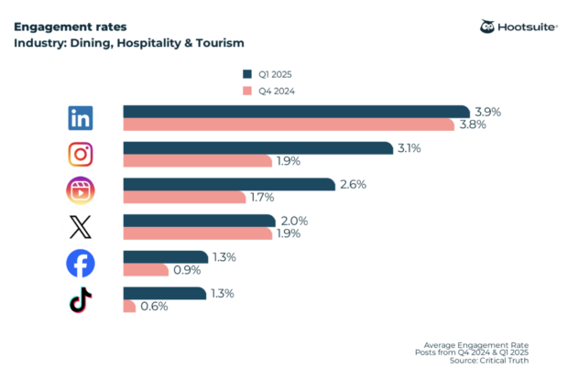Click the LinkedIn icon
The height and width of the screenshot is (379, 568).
[x=81, y=117]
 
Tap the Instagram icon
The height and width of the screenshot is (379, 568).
[x=81, y=154]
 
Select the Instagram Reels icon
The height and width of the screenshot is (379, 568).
[x=81, y=190]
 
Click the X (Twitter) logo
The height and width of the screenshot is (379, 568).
[x=81, y=226]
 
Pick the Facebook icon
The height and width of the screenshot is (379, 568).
[x=81, y=264]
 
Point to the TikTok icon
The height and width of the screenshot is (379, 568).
[x=81, y=299]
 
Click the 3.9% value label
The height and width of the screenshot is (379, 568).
[x=487, y=112]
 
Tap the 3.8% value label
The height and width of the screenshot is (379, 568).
[x=472, y=125]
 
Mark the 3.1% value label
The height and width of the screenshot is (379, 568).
[x=409, y=148]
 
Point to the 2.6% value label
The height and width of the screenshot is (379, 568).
[x=353, y=184]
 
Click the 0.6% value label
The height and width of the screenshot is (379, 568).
[x=154, y=307]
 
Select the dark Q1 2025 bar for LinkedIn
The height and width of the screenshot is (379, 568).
[x=296, y=112]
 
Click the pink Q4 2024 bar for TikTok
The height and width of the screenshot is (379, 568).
[x=129, y=307]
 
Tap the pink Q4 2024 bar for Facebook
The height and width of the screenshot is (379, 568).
[x=146, y=270]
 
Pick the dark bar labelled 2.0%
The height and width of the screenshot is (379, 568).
[x=199, y=221]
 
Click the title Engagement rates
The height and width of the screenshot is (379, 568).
[x=63, y=27]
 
